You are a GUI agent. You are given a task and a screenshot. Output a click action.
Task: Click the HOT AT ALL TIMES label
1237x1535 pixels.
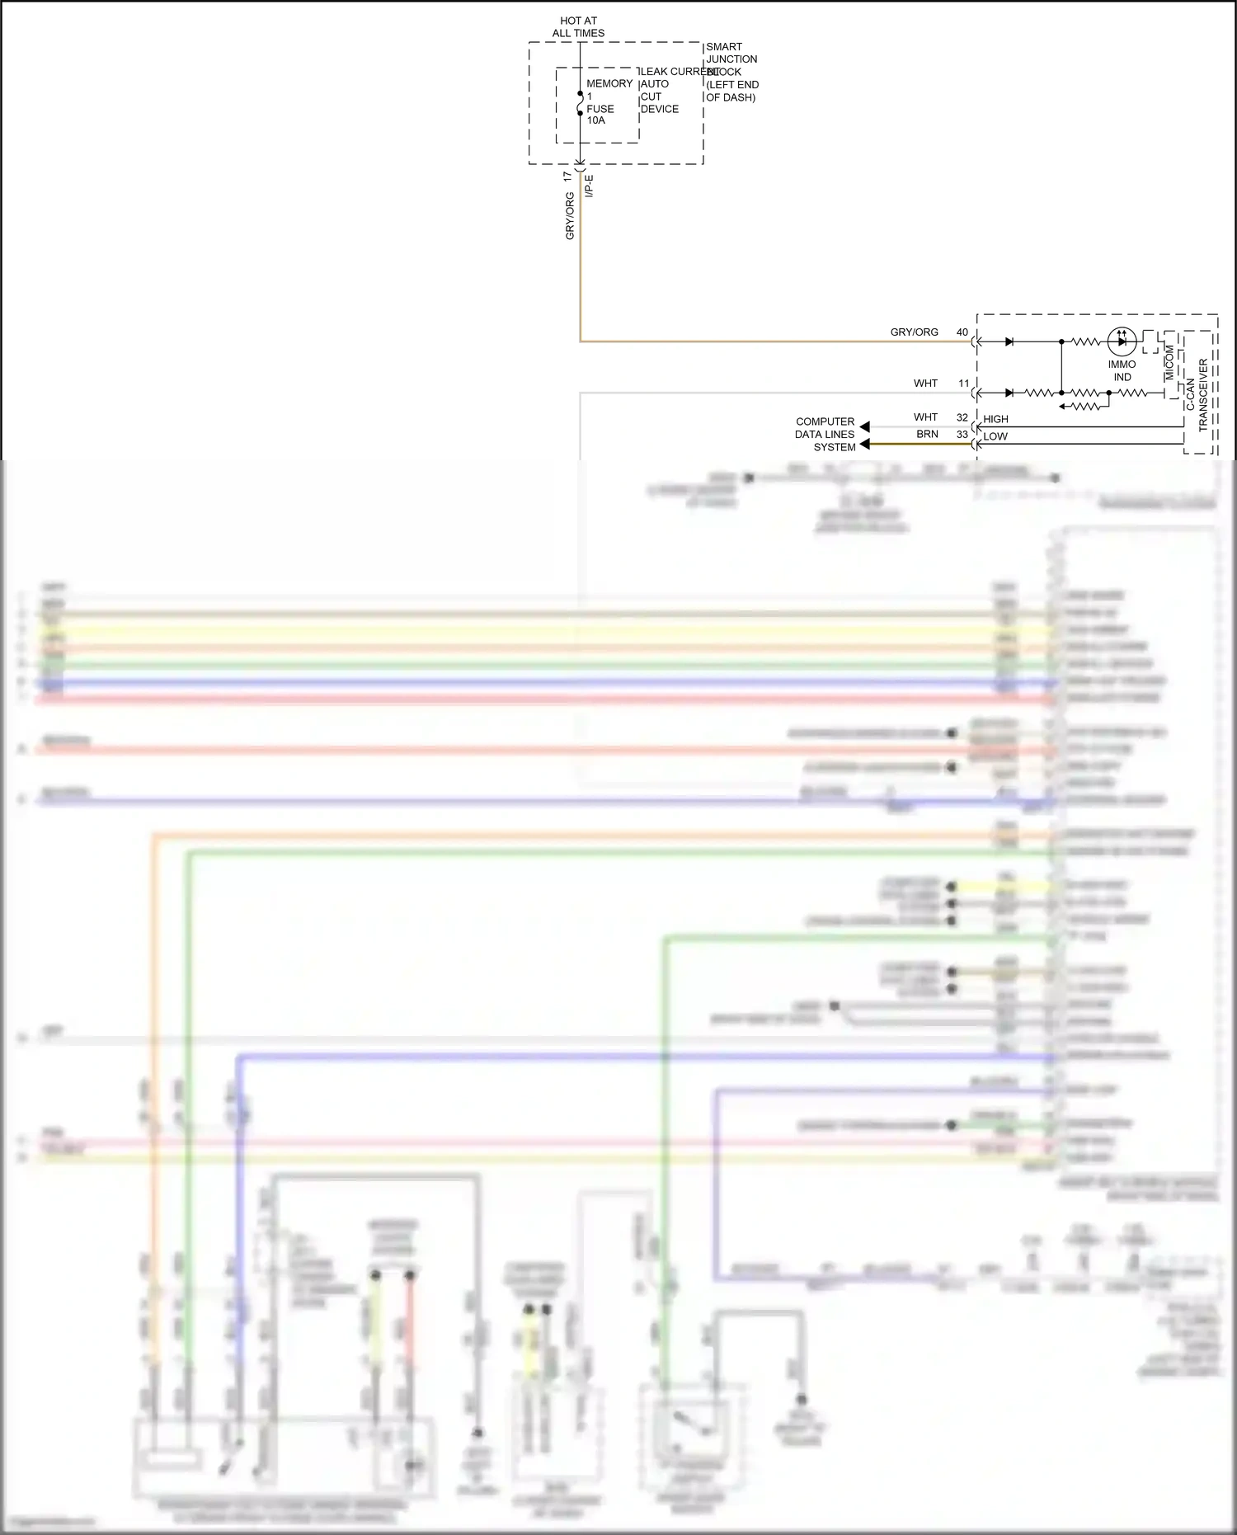[578, 26]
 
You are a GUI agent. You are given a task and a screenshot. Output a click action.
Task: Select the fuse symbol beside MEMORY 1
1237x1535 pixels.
[580, 105]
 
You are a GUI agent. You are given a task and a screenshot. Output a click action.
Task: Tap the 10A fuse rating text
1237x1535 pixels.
[595, 120]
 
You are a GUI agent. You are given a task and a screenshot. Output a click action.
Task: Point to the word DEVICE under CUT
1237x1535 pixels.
[660, 109]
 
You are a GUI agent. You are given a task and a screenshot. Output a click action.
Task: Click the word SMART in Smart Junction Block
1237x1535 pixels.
[724, 47]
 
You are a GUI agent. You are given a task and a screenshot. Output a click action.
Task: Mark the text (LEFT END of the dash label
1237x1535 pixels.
[732, 85]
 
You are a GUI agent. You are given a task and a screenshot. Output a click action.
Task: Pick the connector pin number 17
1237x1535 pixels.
[567, 177]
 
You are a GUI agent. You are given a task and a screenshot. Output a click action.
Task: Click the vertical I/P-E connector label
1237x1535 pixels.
[589, 186]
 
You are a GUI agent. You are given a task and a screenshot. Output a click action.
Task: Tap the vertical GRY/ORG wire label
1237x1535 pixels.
[570, 216]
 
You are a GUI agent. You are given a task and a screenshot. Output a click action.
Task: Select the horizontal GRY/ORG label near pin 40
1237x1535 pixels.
[914, 332]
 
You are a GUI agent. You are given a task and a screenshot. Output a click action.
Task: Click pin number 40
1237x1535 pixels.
[962, 332]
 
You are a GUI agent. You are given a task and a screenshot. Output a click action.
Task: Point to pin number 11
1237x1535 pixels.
[964, 384]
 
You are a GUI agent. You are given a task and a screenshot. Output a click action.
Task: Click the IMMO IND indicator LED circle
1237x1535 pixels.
[1122, 341]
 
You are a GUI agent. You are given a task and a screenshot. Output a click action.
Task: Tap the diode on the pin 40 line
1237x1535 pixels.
[1009, 341]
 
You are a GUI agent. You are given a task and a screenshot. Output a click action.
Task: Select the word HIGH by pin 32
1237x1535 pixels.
[995, 419]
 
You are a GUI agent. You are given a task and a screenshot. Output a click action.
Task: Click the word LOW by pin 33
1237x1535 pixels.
[995, 436]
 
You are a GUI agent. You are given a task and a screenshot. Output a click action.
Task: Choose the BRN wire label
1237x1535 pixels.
[927, 434]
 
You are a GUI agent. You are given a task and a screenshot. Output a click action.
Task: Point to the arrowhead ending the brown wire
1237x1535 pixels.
[864, 445]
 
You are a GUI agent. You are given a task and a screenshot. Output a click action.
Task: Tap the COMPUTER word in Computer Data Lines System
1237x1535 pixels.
[825, 421]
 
